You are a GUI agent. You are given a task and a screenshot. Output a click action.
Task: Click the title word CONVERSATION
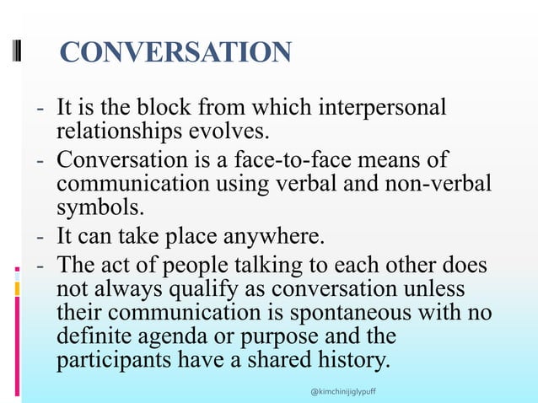click(x=176, y=52)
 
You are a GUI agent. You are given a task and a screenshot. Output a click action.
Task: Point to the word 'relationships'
click(x=116, y=131)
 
